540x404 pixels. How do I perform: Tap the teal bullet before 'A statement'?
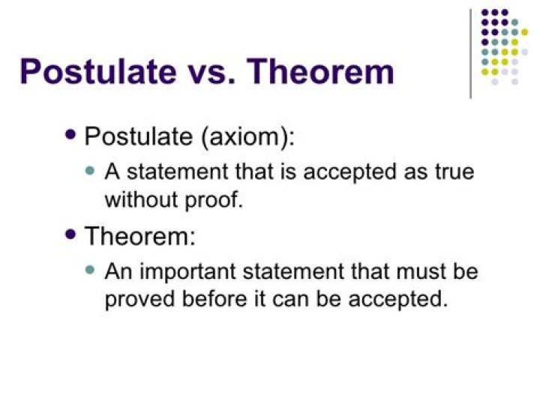tap(91, 171)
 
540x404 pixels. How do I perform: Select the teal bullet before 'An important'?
tap(91, 270)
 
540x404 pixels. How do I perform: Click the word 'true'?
tap(453, 172)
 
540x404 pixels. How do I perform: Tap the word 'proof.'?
tap(214, 200)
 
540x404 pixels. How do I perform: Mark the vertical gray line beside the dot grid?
tap(471, 52)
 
